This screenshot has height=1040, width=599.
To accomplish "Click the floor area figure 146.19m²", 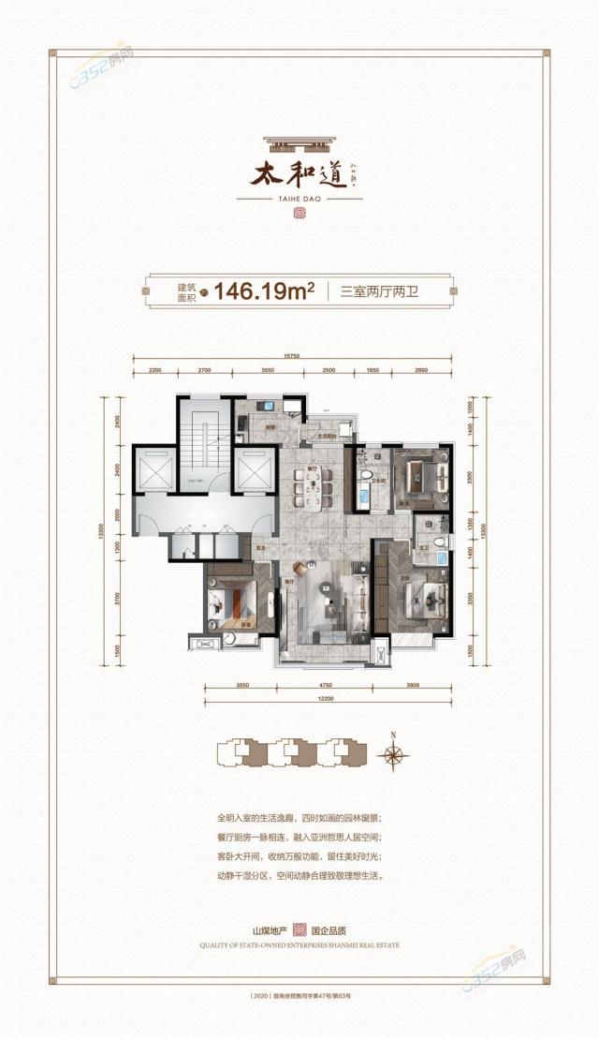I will [x=263, y=290].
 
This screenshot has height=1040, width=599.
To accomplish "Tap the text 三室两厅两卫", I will [x=378, y=291].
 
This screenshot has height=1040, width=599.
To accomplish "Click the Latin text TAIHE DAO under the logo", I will [x=299, y=199].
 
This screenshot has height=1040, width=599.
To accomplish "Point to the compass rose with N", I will [x=393, y=755].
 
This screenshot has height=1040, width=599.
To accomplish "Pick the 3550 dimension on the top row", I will [x=268, y=372].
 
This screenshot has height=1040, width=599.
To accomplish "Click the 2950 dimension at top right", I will [x=420, y=372].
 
